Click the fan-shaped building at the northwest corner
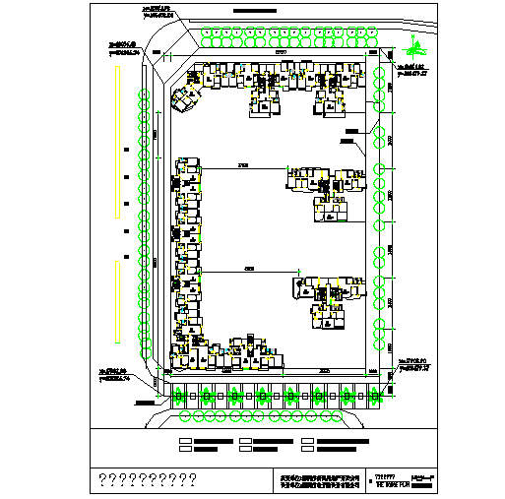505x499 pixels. [x=185, y=97]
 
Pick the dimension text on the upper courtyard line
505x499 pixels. [x=241, y=164]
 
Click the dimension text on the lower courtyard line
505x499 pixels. [x=249, y=267]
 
